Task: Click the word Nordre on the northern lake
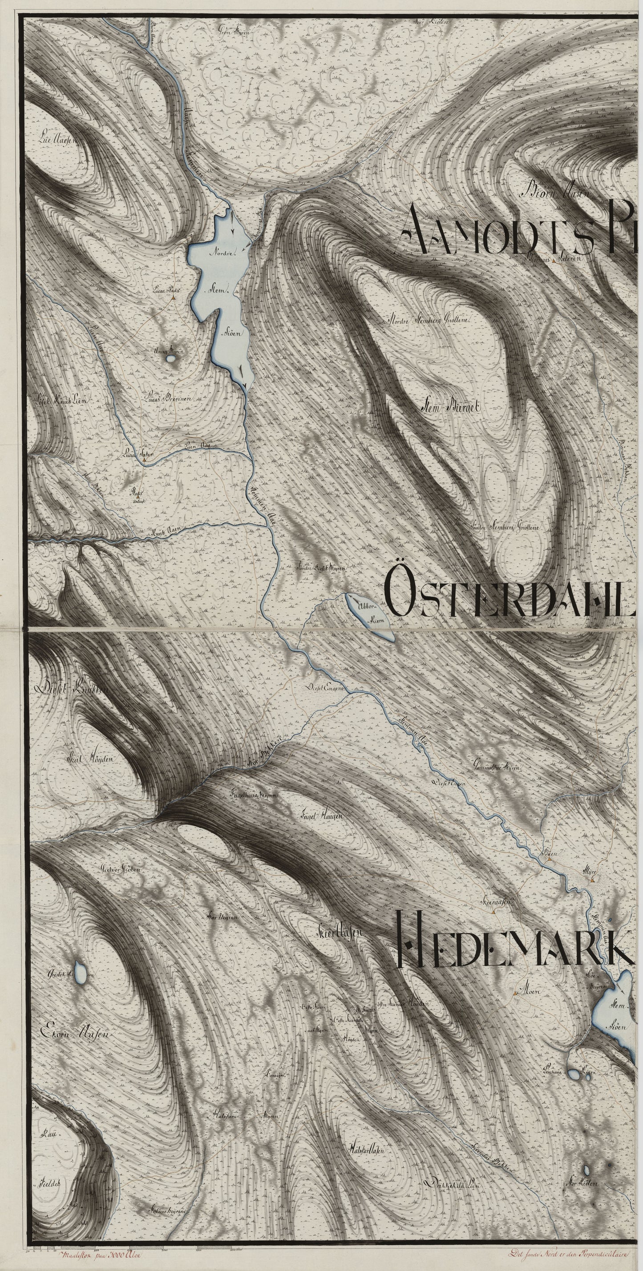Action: click(x=223, y=253)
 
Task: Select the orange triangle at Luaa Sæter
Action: click(x=144, y=460)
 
